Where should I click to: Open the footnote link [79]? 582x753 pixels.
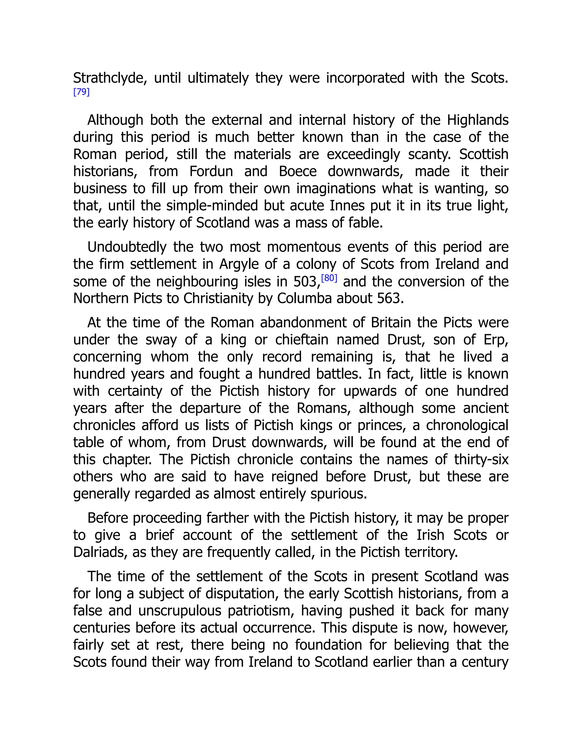tap(81, 92)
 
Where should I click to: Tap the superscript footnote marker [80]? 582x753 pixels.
tap(329, 278)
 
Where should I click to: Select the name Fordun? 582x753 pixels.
tap(211, 171)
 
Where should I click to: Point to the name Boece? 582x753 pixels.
tap(298, 171)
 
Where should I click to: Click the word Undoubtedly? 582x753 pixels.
tap(126, 247)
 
